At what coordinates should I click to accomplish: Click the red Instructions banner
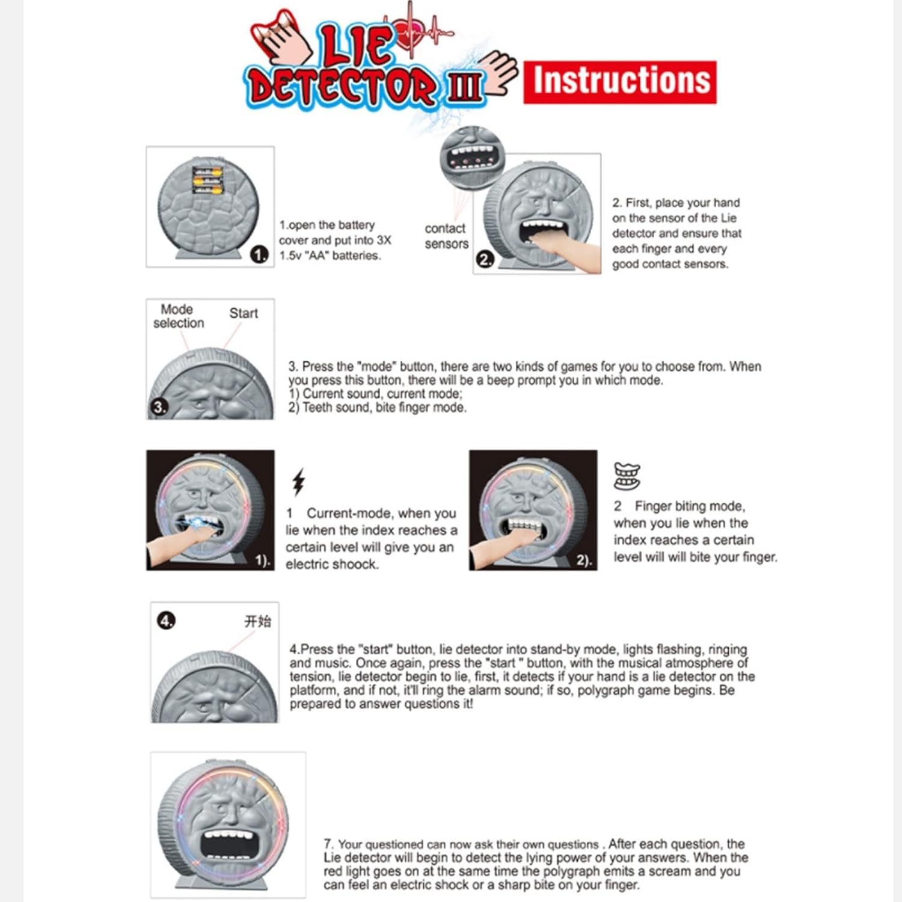pyautogui.click(x=619, y=82)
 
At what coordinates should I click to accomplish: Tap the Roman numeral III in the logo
pyautogui.click(x=465, y=87)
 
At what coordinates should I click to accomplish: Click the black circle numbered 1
pyautogui.click(x=259, y=255)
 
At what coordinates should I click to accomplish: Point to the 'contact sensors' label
pyautogui.click(x=446, y=236)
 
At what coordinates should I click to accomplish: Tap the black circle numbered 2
pyautogui.click(x=485, y=260)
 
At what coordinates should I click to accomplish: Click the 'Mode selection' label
pyautogui.click(x=178, y=316)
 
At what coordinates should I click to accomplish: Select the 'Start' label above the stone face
pyautogui.click(x=244, y=313)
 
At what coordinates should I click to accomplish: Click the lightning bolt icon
pyautogui.click(x=298, y=482)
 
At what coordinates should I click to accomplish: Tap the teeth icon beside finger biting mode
pyautogui.click(x=627, y=476)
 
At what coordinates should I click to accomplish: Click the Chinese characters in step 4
pyautogui.click(x=257, y=621)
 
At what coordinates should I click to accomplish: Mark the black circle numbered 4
pyautogui.click(x=167, y=620)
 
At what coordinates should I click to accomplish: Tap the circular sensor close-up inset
pyautogui.click(x=472, y=155)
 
